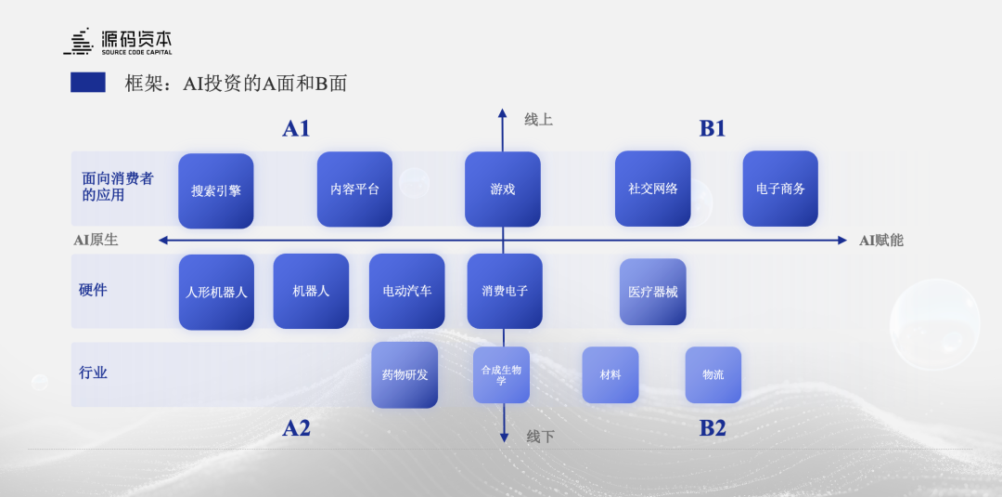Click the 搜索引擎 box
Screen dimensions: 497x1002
pyautogui.click(x=216, y=190)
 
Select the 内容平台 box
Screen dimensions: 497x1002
pyautogui.click(x=354, y=189)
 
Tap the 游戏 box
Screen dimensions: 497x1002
pyautogui.click(x=503, y=189)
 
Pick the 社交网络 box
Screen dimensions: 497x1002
pyautogui.click(x=653, y=189)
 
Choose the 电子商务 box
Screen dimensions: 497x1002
pyautogui.click(x=780, y=189)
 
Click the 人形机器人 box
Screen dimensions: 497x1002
pyautogui.click(x=216, y=292)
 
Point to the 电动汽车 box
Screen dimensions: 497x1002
pyautogui.click(x=407, y=291)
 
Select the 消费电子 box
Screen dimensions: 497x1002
pyautogui.click(x=505, y=291)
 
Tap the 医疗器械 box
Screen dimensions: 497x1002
pyautogui.click(x=653, y=292)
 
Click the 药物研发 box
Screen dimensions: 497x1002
pyautogui.click(x=405, y=374)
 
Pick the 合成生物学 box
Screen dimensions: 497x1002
pyautogui.click(x=501, y=374)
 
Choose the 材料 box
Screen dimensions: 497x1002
pyautogui.click(x=610, y=374)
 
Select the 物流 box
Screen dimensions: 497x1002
pyautogui.click(x=713, y=374)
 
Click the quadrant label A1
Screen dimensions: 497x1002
pyautogui.click(x=296, y=129)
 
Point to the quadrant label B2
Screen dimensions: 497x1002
pyautogui.click(x=713, y=428)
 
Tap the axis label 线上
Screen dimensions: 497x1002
pyautogui.click(x=538, y=120)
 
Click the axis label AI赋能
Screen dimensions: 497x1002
pyautogui.click(x=880, y=241)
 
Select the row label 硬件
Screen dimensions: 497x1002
pyautogui.click(x=94, y=290)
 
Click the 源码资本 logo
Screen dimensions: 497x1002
pyautogui.click(x=118, y=42)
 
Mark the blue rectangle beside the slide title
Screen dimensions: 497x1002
pyautogui.click(x=88, y=83)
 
